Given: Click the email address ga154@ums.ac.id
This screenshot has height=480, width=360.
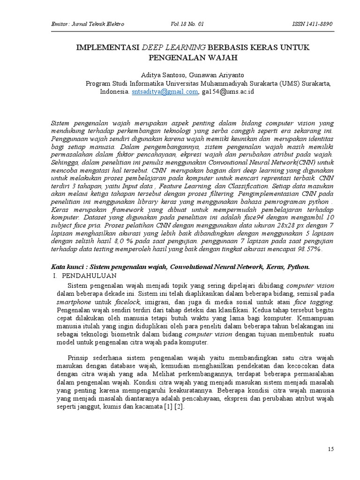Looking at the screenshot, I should [x=227, y=92].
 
